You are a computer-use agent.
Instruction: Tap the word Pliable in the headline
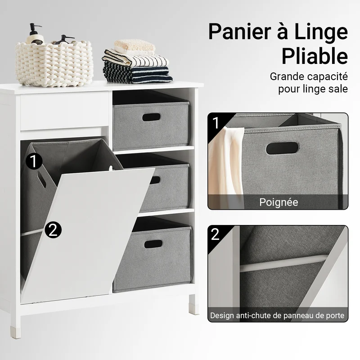coord(315,56)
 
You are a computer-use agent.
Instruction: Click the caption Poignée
coord(279,202)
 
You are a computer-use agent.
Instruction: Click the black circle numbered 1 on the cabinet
coord(34,162)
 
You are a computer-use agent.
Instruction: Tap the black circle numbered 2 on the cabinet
coord(53,230)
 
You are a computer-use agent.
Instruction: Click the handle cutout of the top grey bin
coord(151,117)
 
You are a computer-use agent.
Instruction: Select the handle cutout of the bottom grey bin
coord(153,244)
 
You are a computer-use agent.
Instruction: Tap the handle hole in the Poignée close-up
coord(282,148)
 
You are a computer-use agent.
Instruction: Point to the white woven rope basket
coord(54,63)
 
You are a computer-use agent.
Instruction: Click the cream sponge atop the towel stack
coord(135,46)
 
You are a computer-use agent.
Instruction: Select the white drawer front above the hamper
coord(64,111)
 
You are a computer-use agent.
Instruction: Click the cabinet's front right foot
coord(193,305)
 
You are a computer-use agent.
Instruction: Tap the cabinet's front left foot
coord(16,326)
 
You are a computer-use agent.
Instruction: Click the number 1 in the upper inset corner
coord(216,123)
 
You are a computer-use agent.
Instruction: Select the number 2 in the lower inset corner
coord(215,234)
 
